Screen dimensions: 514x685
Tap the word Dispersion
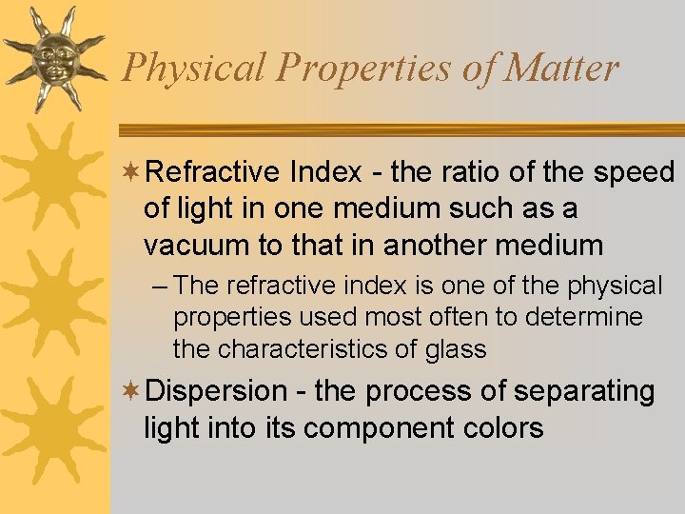coord(217,391)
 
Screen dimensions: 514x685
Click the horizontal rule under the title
coord(400,129)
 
